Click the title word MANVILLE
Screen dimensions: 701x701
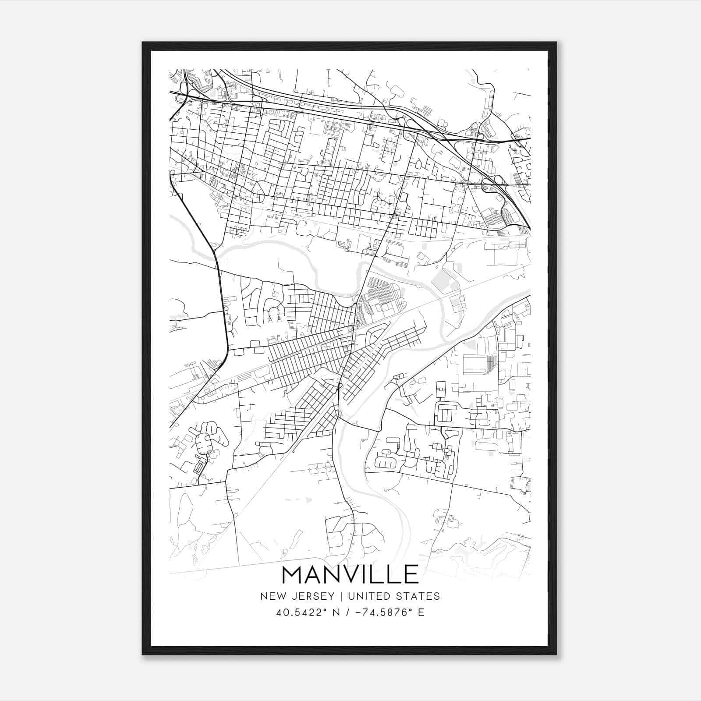tap(350, 574)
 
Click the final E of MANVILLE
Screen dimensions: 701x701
tap(411, 574)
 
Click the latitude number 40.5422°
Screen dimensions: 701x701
tap(301, 612)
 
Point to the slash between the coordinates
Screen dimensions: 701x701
tap(347, 612)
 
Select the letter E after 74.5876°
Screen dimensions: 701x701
tap(421, 612)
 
